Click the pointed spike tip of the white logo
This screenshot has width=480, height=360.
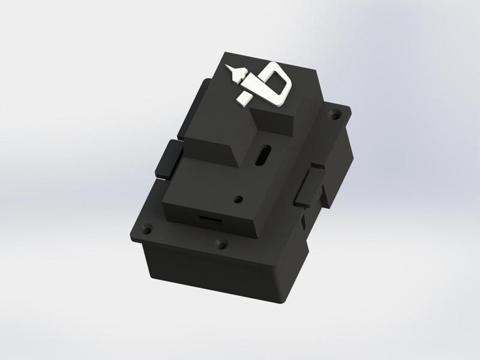tap(229, 65)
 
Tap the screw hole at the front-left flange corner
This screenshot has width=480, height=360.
tap(146, 229)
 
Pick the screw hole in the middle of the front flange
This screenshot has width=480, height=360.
tap(222, 244)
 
